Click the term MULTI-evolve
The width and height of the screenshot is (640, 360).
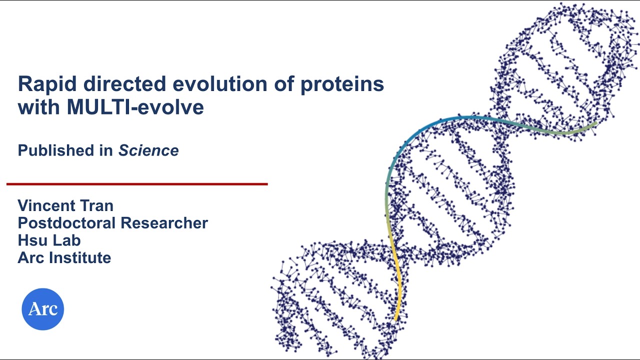tap(135, 107)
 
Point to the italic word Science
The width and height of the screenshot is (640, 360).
tap(148, 150)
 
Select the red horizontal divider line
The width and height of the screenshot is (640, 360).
tap(137, 184)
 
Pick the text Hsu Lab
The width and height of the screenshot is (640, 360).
tap(49, 240)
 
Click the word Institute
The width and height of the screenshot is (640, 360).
tap(80, 258)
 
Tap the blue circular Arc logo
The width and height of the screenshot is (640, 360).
tap(43, 309)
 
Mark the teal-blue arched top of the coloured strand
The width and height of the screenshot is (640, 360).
tap(450, 120)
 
